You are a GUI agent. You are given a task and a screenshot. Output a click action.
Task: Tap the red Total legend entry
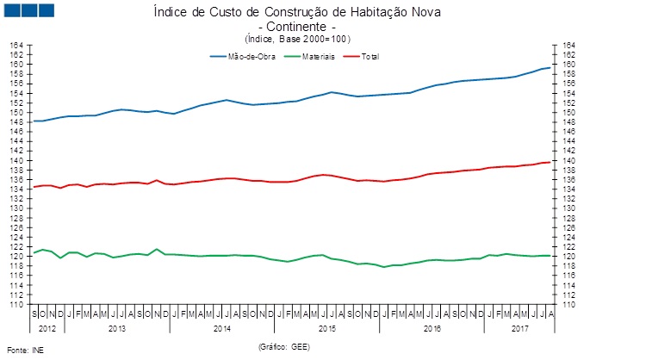(370, 57)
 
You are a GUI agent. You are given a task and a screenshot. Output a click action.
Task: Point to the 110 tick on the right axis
(569, 304)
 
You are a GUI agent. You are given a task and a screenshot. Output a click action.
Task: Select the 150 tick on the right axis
(569, 112)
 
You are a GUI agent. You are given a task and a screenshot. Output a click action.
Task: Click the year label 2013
(117, 328)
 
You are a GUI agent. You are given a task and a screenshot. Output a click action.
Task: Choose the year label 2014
(222, 328)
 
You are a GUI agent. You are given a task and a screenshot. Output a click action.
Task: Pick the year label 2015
(327, 328)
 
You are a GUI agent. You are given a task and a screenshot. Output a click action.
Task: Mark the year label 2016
(432, 328)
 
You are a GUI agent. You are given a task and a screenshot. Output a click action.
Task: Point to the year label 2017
(519, 328)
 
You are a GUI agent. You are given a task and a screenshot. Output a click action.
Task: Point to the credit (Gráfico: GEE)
(283, 346)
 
